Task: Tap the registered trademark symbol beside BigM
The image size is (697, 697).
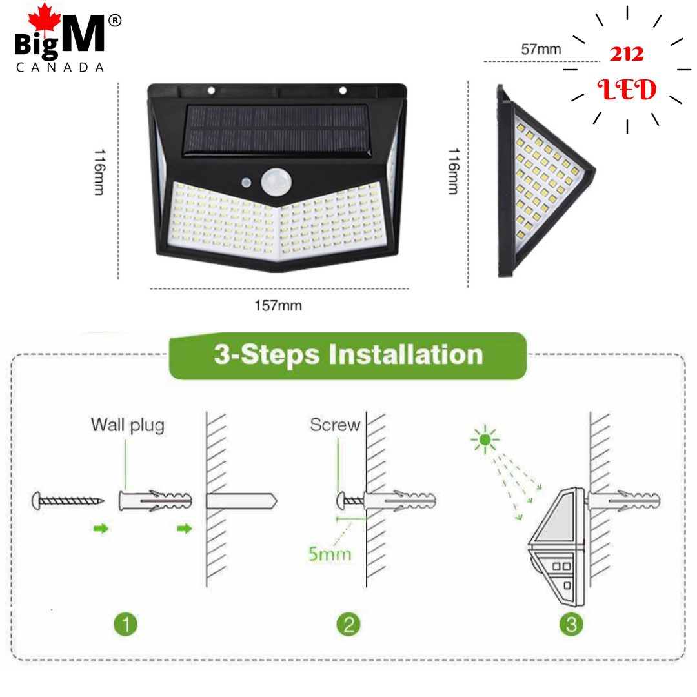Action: pyautogui.click(x=115, y=21)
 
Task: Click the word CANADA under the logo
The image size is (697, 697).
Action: pyautogui.click(x=60, y=67)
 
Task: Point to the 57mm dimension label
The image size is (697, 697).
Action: pyautogui.click(x=541, y=49)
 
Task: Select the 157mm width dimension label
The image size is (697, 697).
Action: pyautogui.click(x=278, y=305)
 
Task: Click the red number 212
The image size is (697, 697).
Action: pyautogui.click(x=627, y=54)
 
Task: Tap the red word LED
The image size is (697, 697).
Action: pyautogui.click(x=627, y=90)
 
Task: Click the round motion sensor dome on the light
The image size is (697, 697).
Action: pyautogui.click(x=276, y=181)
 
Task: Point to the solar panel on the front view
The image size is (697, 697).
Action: pyautogui.click(x=276, y=130)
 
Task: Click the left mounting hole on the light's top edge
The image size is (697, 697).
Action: pyautogui.click(x=212, y=91)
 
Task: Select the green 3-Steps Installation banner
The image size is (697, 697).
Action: pyautogui.click(x=348, y=355)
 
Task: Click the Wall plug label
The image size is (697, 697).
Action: pyautogui.click(x=128, y=425)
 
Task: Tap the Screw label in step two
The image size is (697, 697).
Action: pyautogui.click(x=335, y=425)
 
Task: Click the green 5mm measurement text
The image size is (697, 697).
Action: pyautogui.click(x=330, y=554)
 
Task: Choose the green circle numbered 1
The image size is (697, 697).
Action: pyautogui.click(x=126, y=624)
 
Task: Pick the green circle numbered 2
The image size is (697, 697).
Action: pyautogui.click(x=348, y=624)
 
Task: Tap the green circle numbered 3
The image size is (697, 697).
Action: pyautogui.click(x=571, y=624)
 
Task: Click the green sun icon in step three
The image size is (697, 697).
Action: pyautogui.click(x=485, y=439)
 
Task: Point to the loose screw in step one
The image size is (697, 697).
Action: pyautogui.click(x=68, y=501)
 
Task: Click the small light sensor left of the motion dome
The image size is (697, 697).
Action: pyautogui.click(x=247, y=182)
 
